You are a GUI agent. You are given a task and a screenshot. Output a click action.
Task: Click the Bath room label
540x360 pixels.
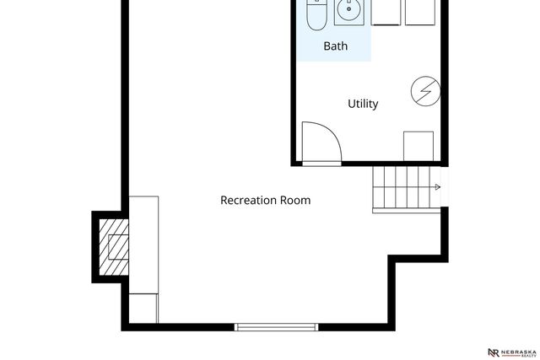pos(335,46)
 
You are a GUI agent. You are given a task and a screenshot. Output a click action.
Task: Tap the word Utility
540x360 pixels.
pos(363,104)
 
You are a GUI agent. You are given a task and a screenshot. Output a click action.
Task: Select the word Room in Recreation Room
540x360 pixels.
pos(296,201)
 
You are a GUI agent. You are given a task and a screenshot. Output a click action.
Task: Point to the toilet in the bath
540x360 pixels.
pos(316,14)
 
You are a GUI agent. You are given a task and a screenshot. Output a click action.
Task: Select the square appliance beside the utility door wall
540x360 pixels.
pos(418,145)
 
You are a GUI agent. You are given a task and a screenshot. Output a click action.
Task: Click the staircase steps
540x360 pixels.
pos(403,189)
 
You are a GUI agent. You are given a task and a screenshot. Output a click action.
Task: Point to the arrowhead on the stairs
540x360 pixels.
pos(436,187)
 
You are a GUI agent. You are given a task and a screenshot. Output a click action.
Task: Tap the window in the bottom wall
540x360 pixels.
pos(276,326)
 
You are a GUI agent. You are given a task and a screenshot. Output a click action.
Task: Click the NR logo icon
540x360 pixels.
pos(493,351)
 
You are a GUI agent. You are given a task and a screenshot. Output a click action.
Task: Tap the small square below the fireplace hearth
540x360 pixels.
pos(143,306)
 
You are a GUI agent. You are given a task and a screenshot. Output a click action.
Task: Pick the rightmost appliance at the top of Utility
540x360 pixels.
pos(422,12)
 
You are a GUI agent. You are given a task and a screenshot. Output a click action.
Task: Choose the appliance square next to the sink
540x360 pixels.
pos(386,12)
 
